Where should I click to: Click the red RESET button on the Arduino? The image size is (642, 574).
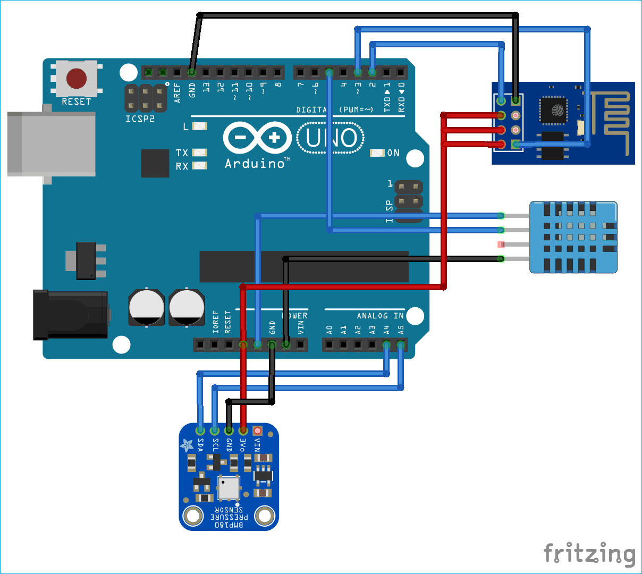[77, 79]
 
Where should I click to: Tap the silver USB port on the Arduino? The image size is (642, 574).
[51, 143]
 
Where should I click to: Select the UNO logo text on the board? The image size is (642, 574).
[331, 138]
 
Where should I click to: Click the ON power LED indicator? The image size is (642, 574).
[377, 153]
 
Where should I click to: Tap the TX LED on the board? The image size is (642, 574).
[199, 153]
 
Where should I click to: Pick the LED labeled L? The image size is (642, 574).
[199, 126]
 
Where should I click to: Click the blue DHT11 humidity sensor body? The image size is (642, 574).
[573, 237]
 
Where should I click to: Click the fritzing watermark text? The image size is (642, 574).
[589, 554]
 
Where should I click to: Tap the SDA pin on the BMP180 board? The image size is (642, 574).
[200, 430]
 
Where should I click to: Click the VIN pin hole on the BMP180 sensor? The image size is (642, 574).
[258, 430]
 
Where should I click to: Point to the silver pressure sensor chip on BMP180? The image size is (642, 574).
[229, 487]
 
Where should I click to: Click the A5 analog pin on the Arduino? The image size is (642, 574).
[401, 345]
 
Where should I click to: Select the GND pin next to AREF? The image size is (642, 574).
[192, 72]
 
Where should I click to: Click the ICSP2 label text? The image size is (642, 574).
[140, 119]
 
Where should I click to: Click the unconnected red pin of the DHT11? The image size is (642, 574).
[501, 244]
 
